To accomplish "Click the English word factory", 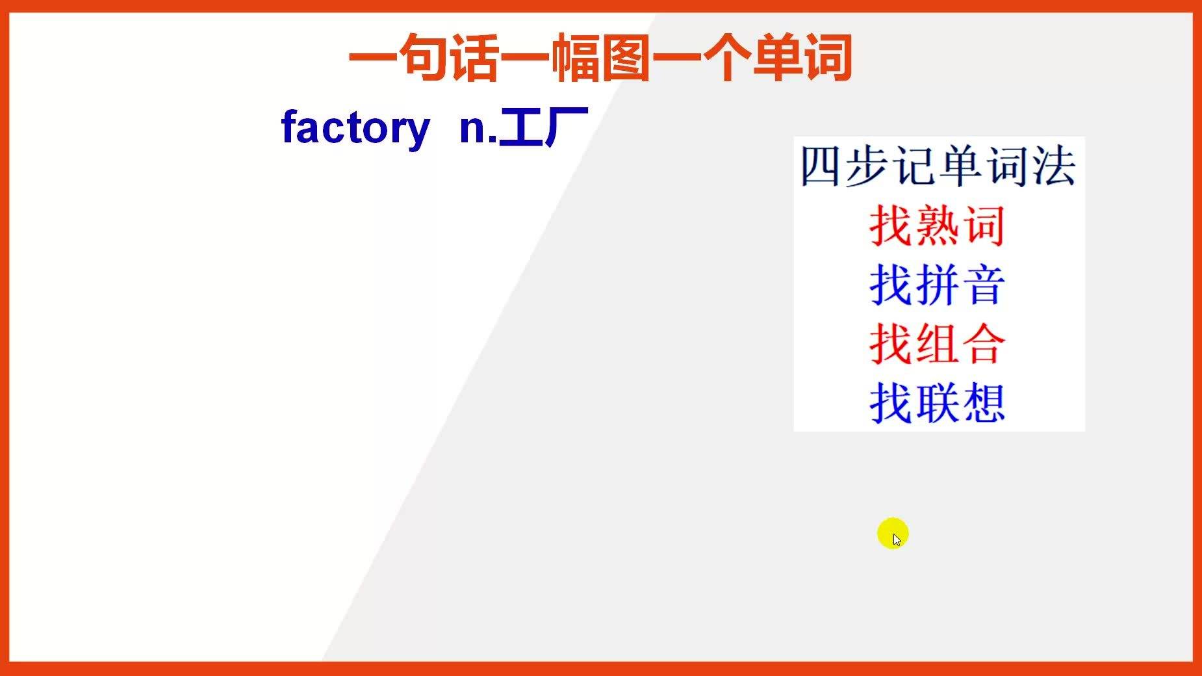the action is tap(355, 128).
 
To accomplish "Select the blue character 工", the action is tap(520, 127).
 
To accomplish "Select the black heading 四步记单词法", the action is tap(938, 167).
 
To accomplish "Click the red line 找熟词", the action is tap(938, 226).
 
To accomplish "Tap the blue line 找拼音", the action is tap(938, 285).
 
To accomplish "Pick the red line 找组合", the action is tap(938, 344).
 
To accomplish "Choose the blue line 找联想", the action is tap(938, 403).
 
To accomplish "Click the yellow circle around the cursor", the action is tap(893, 534).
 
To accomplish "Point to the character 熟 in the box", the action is tap(938, 226).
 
